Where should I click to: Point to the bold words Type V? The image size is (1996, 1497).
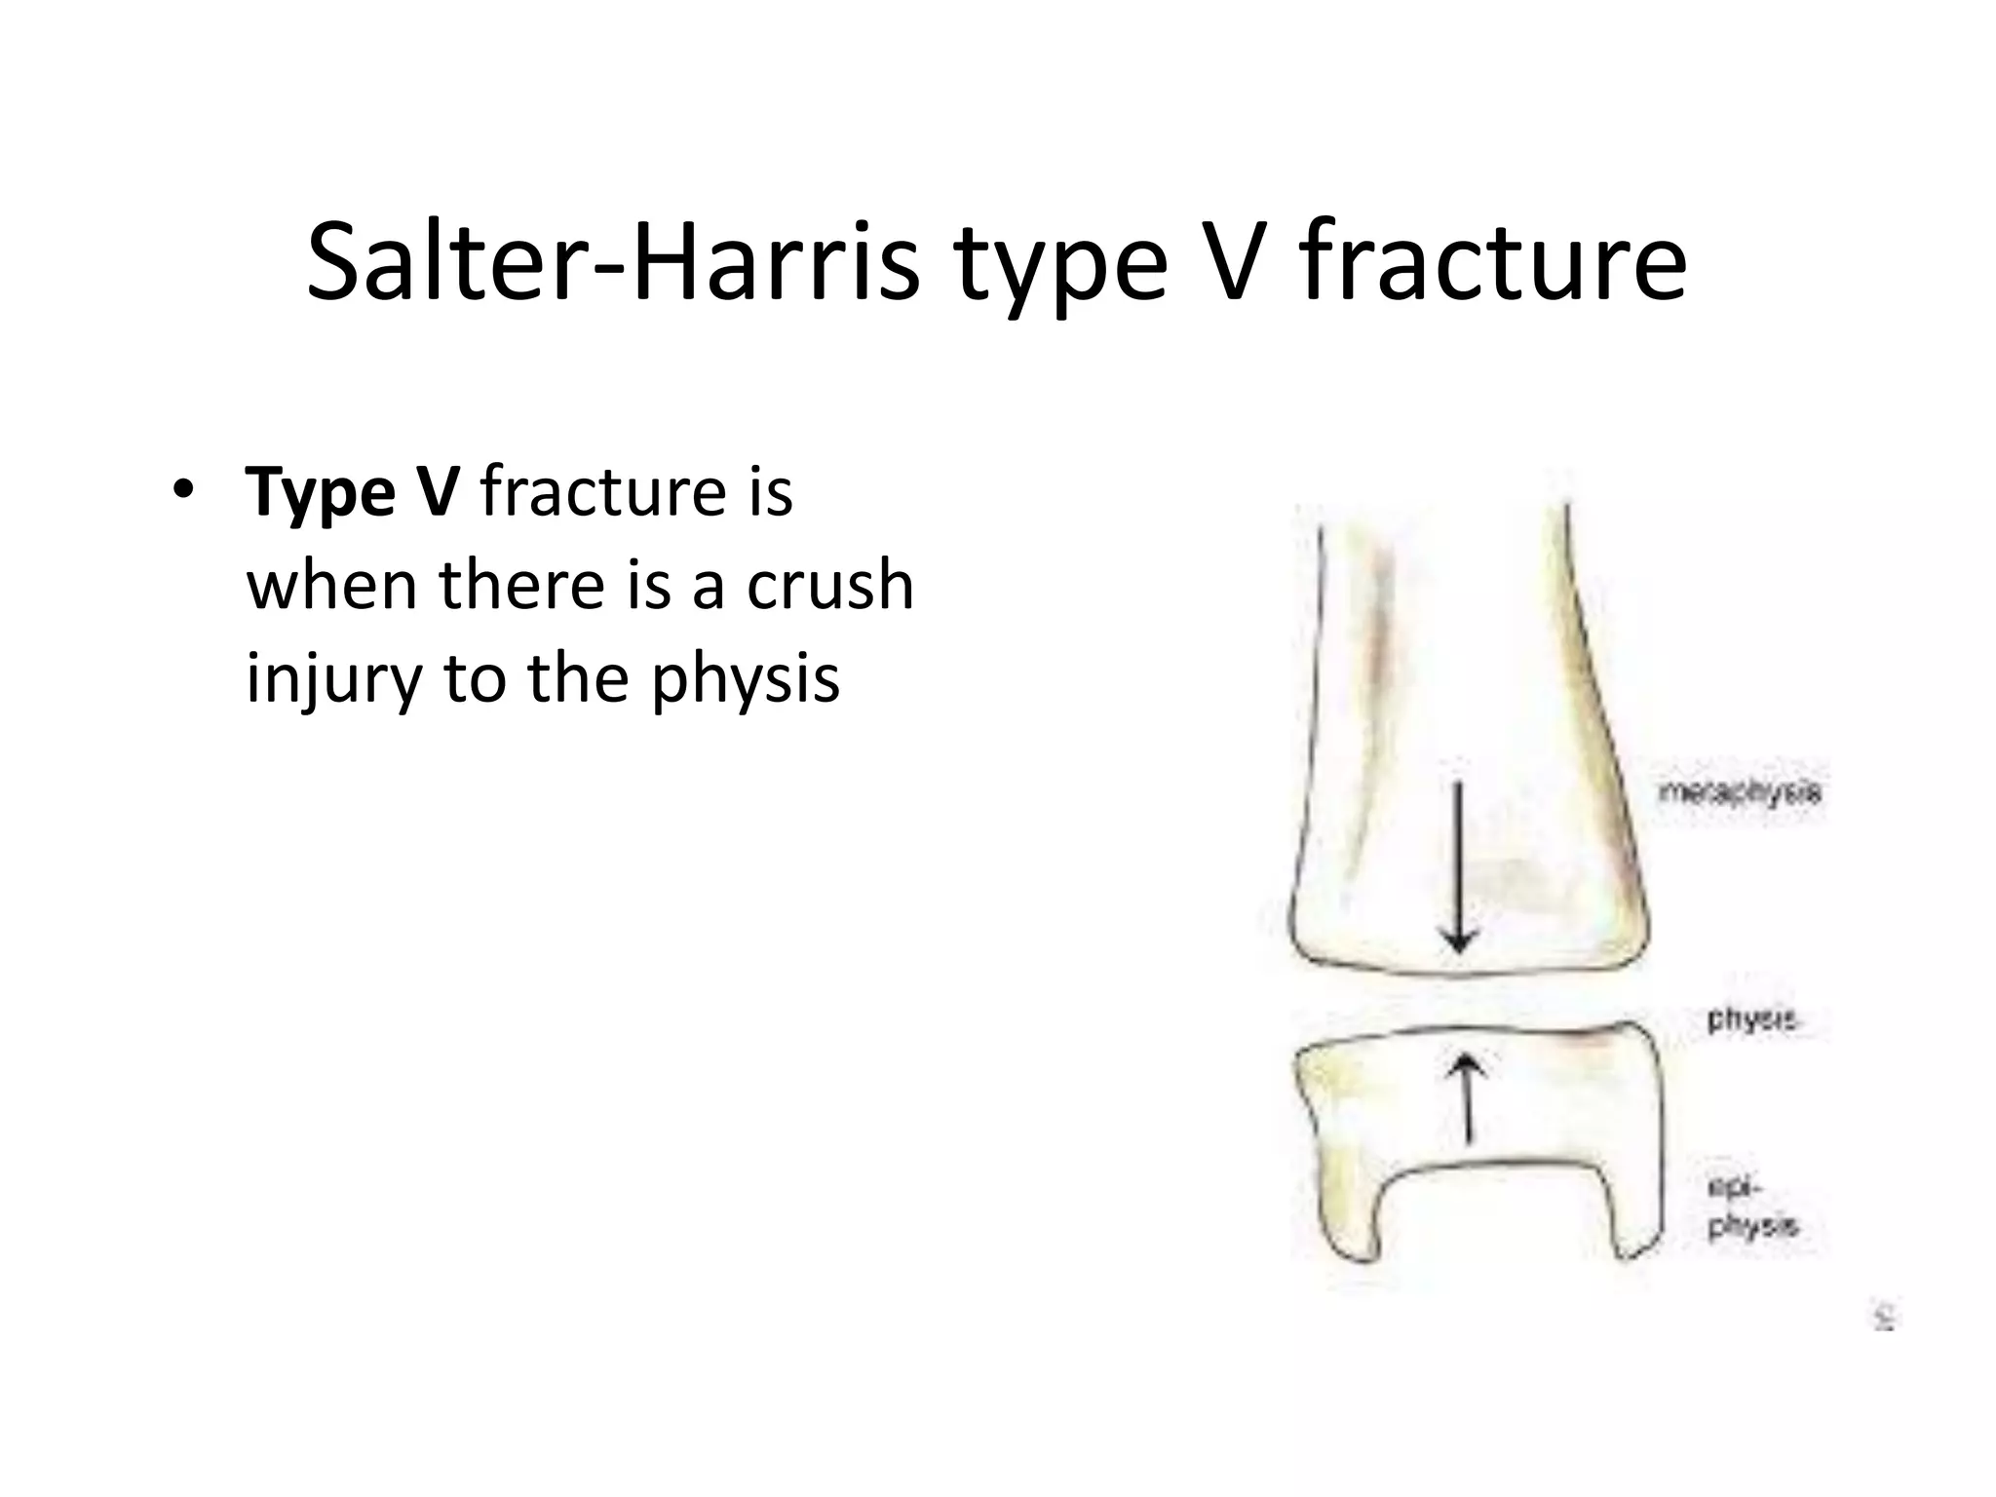[352, 493]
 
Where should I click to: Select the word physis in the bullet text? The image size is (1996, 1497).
[746, 679]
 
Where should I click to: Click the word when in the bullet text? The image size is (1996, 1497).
[333, 586]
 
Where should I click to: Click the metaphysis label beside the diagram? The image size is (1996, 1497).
[1739, 792]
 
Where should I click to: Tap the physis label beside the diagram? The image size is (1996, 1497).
[1751, 1020]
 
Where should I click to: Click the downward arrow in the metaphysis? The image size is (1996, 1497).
[1458, 867]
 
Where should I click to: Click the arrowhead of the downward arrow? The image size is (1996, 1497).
[1458, 941]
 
